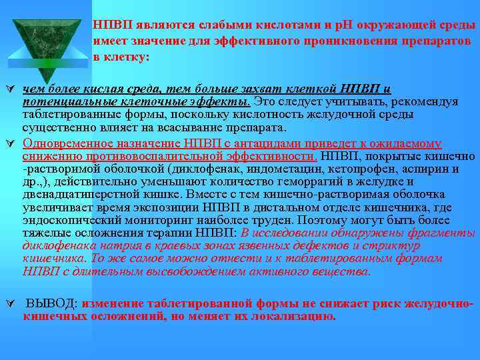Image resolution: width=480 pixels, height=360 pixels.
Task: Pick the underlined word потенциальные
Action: (x=71, y=101)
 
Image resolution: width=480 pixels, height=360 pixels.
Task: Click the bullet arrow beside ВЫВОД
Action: (x=9, y=304)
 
